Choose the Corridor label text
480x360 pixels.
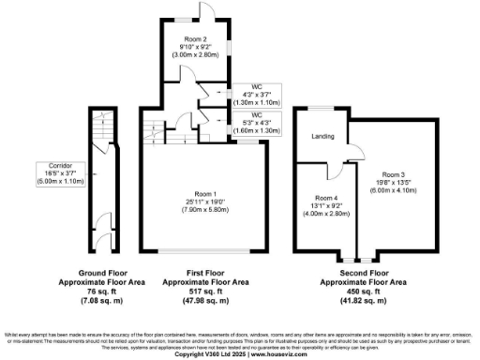[x=48, y=164]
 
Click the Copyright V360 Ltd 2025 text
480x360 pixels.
[x=207, y=354]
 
